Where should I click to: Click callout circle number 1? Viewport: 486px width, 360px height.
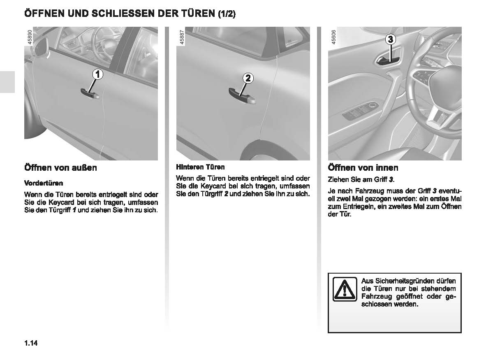(x=97, y=74)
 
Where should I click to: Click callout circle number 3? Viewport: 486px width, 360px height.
(x=390, y=40)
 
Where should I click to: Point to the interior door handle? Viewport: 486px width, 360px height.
(x=386, y=61)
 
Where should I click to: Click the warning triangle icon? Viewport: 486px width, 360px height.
(x=344, y=288)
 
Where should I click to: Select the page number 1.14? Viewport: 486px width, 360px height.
(x=31, y=343)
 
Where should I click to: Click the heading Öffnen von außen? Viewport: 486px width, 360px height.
(x=60, y=167)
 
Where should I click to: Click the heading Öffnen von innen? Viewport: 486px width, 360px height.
(x=363, y=167)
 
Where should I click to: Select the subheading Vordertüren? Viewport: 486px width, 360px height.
(x=44, y=183)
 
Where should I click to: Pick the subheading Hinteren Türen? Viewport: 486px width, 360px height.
(x=200, y=167)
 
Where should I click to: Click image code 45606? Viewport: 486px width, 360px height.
(x=333, y=37)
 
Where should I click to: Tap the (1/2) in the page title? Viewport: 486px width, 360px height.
(x=227, y=14)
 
